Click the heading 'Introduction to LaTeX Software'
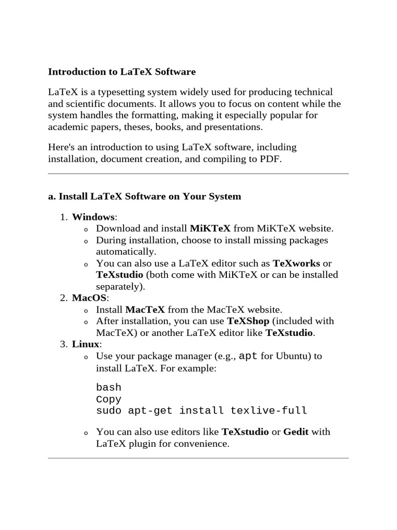point(122,71)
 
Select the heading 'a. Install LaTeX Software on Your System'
point(144,197)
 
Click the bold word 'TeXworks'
point(296,263)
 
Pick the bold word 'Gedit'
point(296,431)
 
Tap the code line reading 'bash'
point(109,387)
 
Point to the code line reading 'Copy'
point(109,399)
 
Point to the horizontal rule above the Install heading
point(198,174)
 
